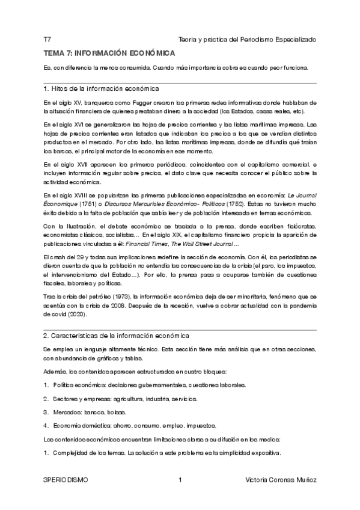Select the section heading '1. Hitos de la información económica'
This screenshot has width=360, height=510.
[x=102, y=88]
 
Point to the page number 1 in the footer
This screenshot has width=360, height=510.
[x=180, y=481]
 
